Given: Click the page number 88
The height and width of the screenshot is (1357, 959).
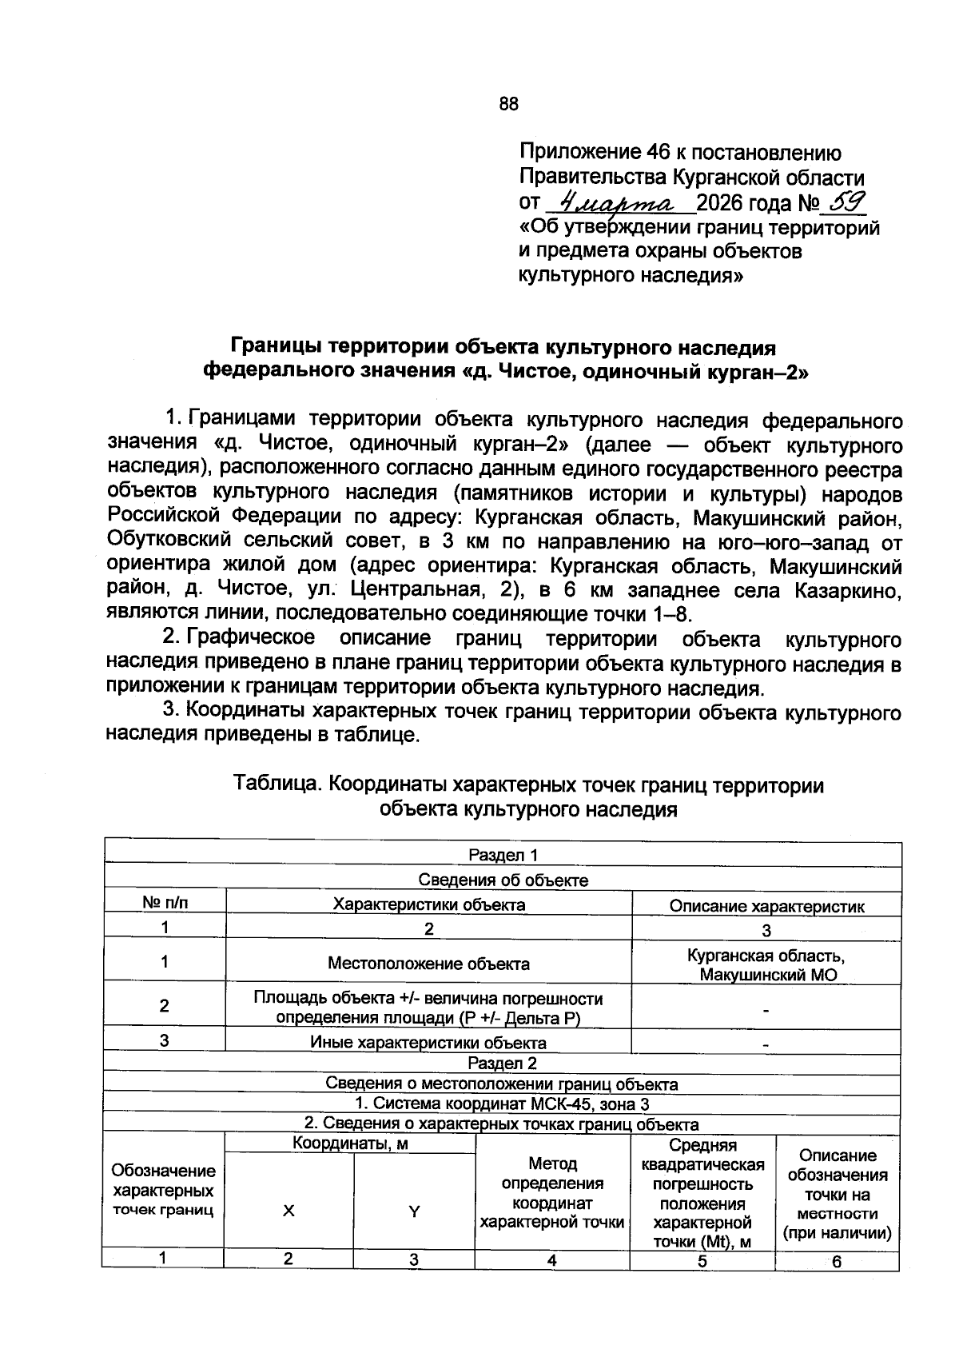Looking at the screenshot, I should pyautogui.click(x=508, y=104).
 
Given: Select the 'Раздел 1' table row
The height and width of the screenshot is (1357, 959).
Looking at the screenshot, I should pyautogui.click(x=503, y=855).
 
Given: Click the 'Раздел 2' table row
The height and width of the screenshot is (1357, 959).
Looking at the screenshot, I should pyautogui.click(x=502, y=1063).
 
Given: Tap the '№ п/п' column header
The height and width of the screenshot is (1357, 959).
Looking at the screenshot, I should pyautogui.click(x=165, y=904).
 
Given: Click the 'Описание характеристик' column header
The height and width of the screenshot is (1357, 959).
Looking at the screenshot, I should pyautogui.click(x=766, y=906).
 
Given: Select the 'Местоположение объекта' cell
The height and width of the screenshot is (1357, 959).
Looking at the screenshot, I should pyautogui.click(x=428, y=964).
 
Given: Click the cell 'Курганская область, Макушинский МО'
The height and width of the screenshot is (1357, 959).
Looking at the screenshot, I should pyautogui.click(x=766, y=965).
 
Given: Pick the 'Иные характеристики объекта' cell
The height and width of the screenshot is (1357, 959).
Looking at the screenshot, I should pyautogui.click(x=428, y=1043).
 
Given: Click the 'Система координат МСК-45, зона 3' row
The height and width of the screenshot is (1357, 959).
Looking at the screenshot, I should pyautogui.click(x=502, y=1104).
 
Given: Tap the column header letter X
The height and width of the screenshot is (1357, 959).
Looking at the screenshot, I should pyautogui.click(x=288, y=1211).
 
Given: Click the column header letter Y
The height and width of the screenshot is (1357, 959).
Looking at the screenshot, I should pyautogui.click(x=414, y=1212).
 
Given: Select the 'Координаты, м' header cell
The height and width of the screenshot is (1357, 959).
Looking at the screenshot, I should pyautogui.click(x=350, y=1143).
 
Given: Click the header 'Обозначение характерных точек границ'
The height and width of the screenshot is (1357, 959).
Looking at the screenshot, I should pyautogui.click(x=163, y=1191).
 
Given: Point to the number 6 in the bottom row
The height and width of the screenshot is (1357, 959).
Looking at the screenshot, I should pyautogui.click(x=837, y=1263).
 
